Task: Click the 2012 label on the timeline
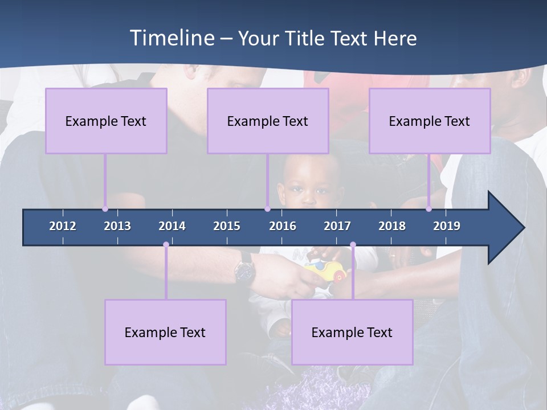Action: coord(63,226)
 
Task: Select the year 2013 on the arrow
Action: coord(117,226)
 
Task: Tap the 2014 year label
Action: coord(172,226)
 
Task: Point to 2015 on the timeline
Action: coord(227,226)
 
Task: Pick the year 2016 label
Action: coord(283,226)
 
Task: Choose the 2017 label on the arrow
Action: coord(337,226)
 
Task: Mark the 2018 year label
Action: coord(392,226)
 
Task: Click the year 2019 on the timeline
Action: coord(447,226)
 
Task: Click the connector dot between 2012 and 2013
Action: coord(105,209)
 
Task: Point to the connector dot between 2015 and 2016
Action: coord(267,209)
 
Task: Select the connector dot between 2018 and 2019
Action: coord(429,209)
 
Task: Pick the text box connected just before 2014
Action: coord(165,332)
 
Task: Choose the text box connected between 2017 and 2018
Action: coord(352,332)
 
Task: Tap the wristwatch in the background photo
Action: coord(245,269)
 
